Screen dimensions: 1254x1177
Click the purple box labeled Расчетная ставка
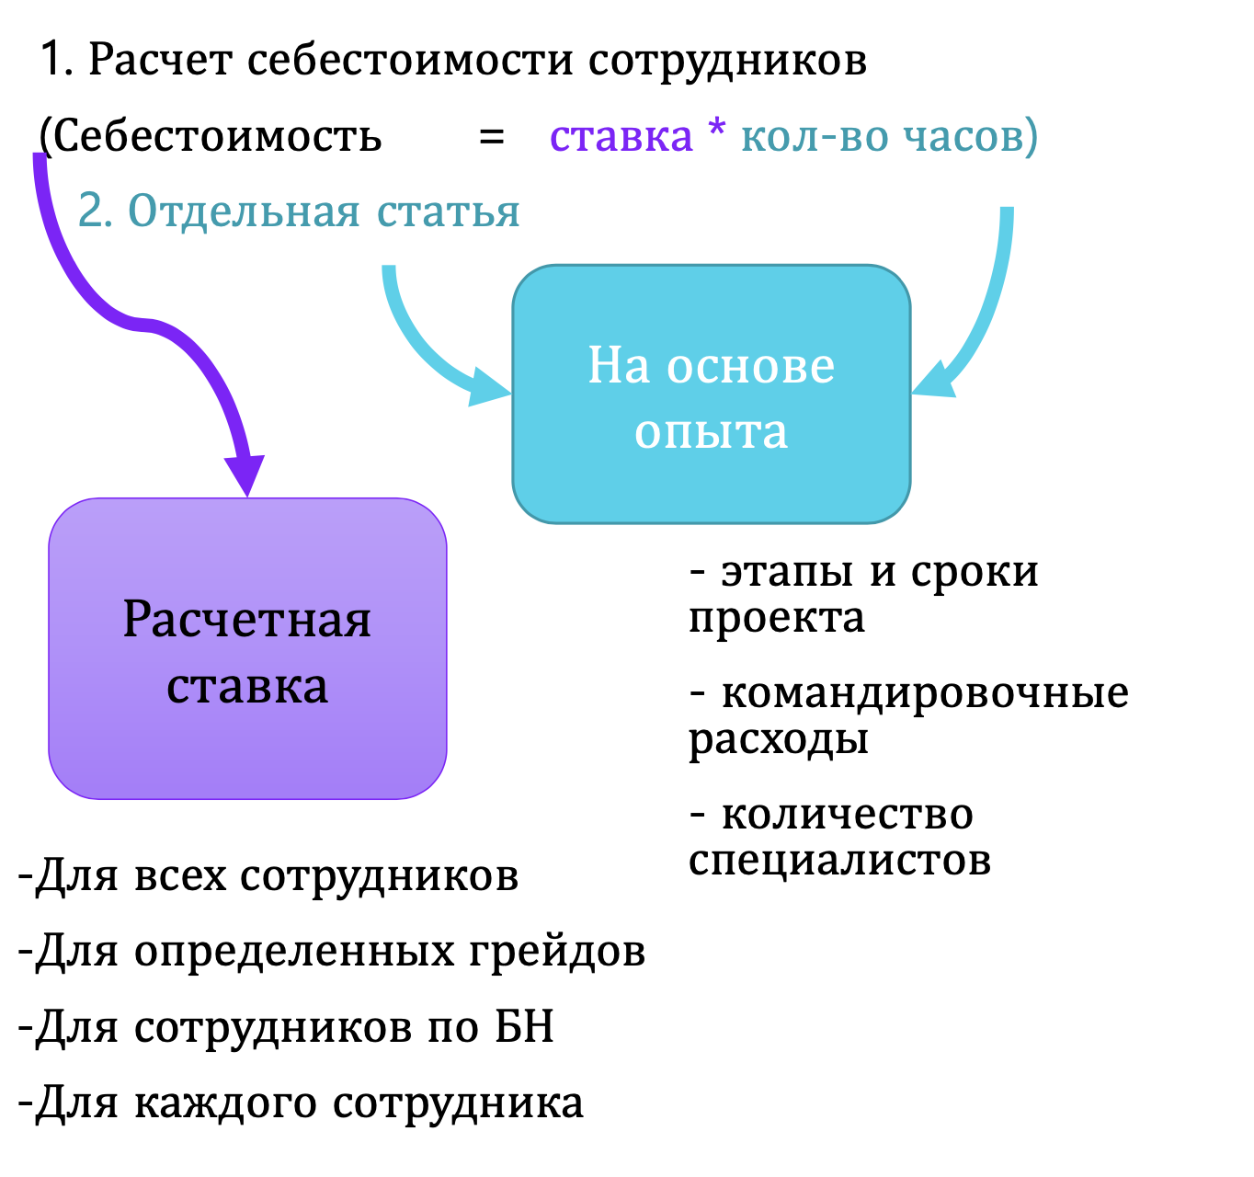[x=247, y=648]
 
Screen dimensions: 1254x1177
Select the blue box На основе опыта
[x=711, y=394]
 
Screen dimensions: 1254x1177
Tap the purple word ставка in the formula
[x=621, y=136]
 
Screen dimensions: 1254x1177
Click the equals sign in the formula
[x=491, y=136]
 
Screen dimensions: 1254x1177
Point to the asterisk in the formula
[x=717, y=127]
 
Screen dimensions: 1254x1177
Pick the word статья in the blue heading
[x=449, y=212]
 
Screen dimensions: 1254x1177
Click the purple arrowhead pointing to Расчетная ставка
[x=245, y=475]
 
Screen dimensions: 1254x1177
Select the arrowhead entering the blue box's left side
[x=489, y=386]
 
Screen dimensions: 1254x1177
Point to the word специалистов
[x=839, y=862]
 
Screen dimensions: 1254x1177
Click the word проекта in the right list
[x=776, y=619]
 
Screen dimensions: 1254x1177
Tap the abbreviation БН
[x=524, y=1026]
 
